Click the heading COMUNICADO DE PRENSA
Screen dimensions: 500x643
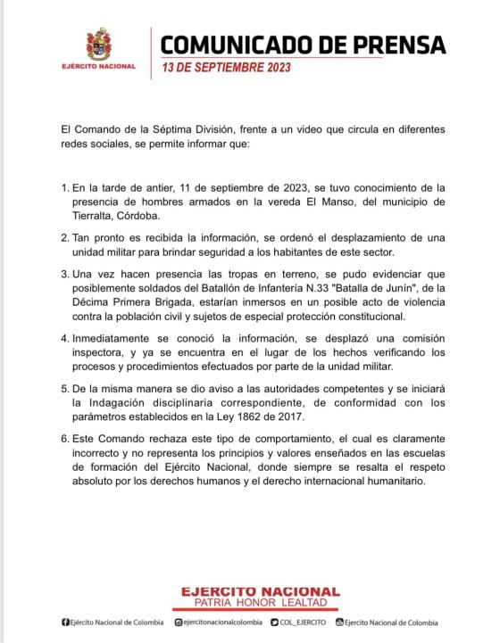pos(303,45)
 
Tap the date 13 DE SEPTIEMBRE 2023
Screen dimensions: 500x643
pos(227,68)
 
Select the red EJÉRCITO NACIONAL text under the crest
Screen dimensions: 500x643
pos(98,66)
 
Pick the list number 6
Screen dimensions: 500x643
pos(64,439)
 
